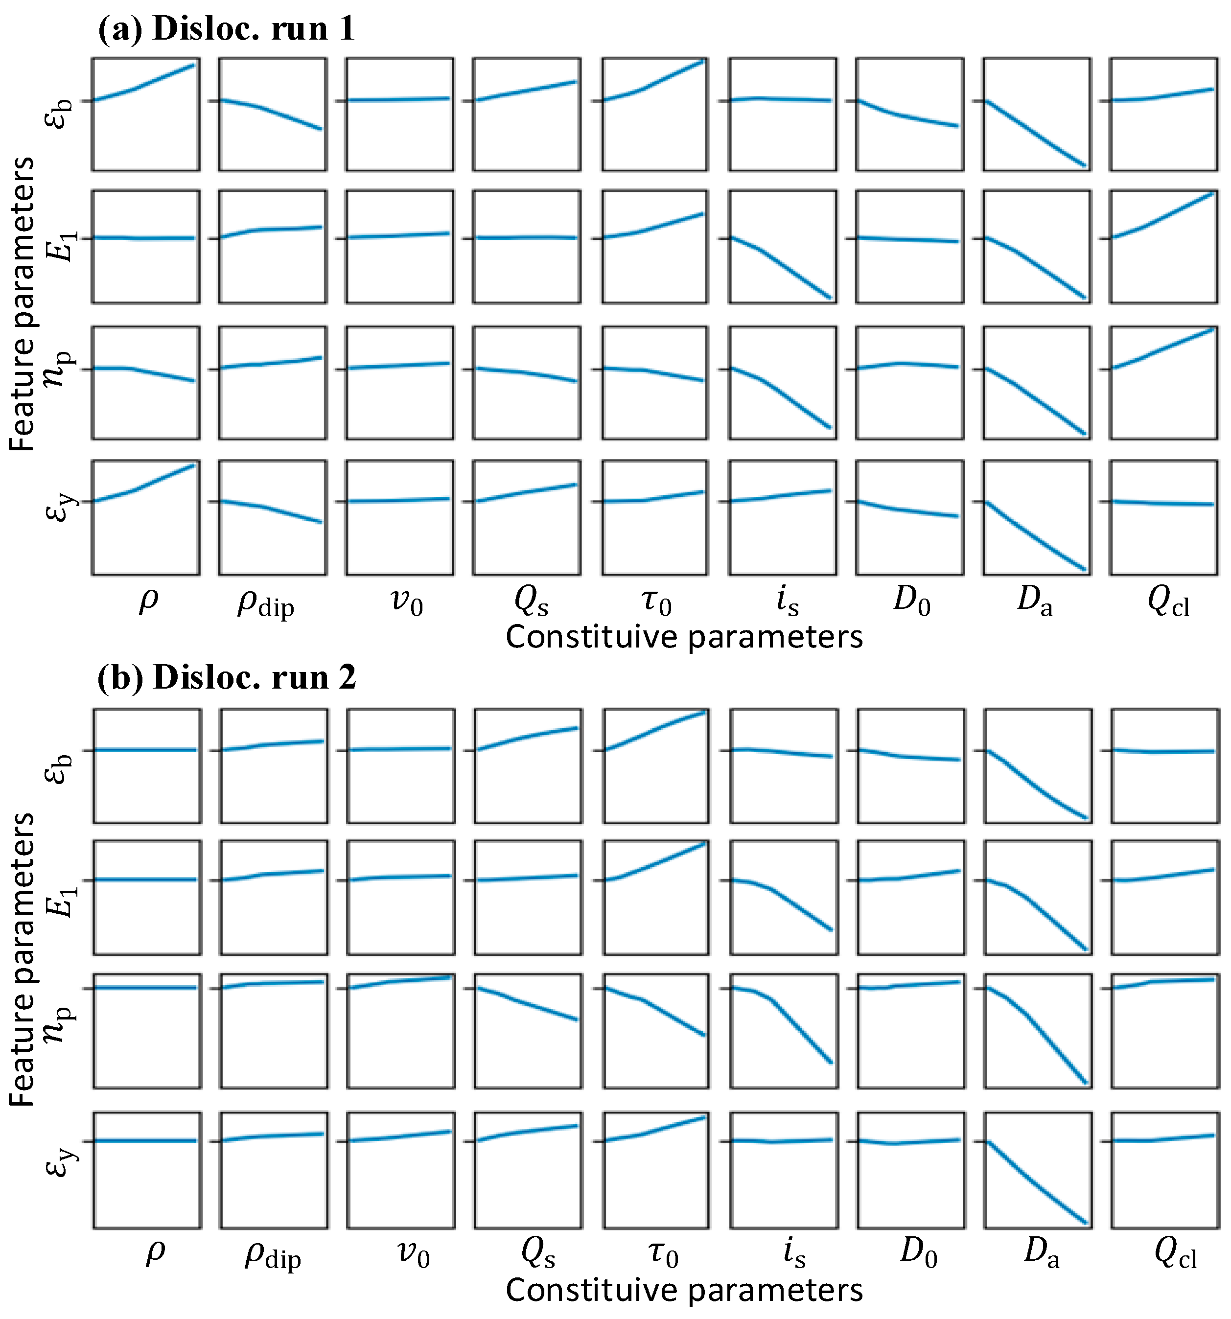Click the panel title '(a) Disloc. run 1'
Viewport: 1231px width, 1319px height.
click(226, 29)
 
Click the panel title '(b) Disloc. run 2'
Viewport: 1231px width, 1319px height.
click(226, 678)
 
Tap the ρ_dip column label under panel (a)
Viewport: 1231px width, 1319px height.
click(265, 604)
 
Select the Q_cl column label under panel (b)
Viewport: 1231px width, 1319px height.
click(1175, 1253)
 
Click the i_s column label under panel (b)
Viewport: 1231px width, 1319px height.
click(794, 1252)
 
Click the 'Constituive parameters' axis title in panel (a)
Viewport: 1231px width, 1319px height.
click(683, 637)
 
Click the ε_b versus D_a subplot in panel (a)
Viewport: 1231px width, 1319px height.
click(1037, 114)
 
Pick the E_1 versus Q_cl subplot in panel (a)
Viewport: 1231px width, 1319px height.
click(1163, 247)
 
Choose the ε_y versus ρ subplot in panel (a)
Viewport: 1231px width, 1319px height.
click(145, 517)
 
